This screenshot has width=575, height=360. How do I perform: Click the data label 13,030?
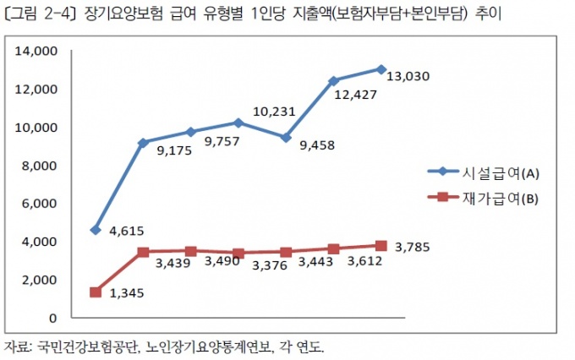tap(408, 76)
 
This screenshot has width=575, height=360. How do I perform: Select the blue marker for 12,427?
tap(333, 81)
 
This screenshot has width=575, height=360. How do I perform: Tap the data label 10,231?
tap(274, 110)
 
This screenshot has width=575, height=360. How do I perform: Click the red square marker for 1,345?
tap(96, 292)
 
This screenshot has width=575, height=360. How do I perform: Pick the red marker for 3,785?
tap(381, 246)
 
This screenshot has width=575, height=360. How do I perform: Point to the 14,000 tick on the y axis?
tap(36, 52)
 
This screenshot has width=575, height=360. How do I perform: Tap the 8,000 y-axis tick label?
tap(39, 166)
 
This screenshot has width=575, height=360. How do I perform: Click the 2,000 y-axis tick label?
tap(39, 280)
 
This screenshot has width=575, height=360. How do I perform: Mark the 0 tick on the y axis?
tap(52, 319)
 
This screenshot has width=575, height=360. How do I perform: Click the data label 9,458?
tap(317, 145)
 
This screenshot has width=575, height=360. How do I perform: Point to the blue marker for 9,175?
tap(143, 143)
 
